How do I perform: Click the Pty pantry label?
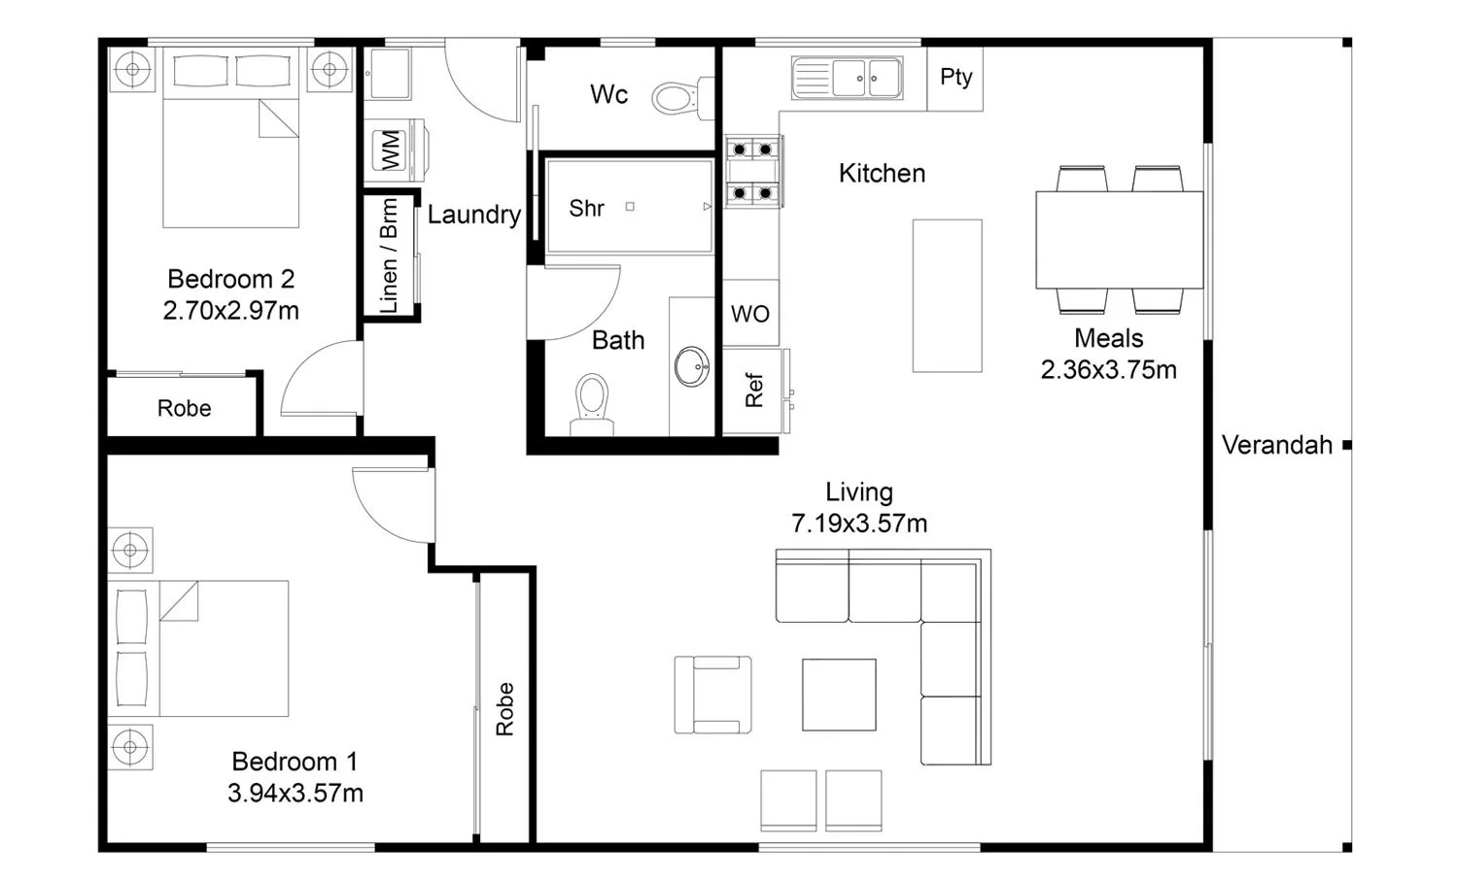pos(955,78)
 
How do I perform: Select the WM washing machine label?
pos(390,151)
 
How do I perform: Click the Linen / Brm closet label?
pos(389,255)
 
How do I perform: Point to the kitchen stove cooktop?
pos(753,172)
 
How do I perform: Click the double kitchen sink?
pos(848,78)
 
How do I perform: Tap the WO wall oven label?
pos(749,315)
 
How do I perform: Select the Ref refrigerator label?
pos(753,390)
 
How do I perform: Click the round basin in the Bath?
pos(692,366)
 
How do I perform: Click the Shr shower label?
pos(586,208)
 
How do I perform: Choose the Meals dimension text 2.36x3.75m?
pos(1108,369)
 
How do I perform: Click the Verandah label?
pos(1277,445)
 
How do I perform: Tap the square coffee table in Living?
pos(839,695)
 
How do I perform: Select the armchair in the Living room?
pos(712,695)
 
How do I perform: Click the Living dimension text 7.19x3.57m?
pos(859,524)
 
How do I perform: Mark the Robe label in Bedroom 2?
pos(185,409)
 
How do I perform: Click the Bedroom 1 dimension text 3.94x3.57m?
pos(295,794)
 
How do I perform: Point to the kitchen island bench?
pos(947,296)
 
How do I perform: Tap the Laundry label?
pos(474,215)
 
